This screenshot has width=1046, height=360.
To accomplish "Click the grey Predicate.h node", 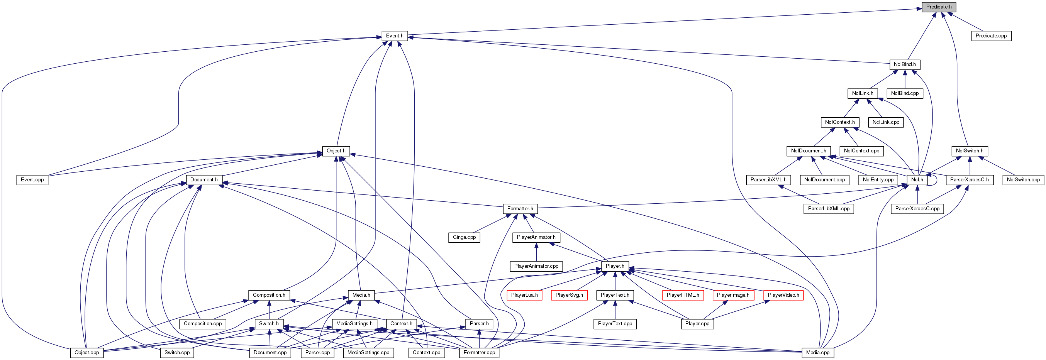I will click(x=938, y=7).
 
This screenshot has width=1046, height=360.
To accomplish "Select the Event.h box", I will click(x=394, y=36).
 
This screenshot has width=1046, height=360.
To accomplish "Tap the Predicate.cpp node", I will click(x=991, y=36).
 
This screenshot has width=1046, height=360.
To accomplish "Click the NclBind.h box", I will click(x=905, y=64).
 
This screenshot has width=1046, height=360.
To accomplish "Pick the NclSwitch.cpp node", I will click(x=1023, y=180).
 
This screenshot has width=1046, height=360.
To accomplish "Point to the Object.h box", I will click(x=336, y=151).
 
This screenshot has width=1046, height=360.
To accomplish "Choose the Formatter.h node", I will click(x=520, y=209).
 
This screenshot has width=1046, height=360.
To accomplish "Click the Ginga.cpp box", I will click(x=464, y=237).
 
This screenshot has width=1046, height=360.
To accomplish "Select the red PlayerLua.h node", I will click(x=524, y=295).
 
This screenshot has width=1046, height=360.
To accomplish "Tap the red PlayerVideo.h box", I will click(x=783, y=295).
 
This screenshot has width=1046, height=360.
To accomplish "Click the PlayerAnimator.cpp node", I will click(x=536, y=266).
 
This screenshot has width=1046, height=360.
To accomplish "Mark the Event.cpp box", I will click(x=32, y=180).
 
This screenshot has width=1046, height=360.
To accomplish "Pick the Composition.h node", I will click(x=269, y=295).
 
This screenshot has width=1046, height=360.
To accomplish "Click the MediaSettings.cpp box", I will click(x=368, y=353).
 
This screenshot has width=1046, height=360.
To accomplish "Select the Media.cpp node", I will click(x=818, y=353).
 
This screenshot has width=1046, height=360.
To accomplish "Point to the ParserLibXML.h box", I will click(x=768, y=180).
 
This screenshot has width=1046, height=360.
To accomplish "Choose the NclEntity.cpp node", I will click(x=878, y=180).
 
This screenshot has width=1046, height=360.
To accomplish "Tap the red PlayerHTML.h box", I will click(x=683, y=295).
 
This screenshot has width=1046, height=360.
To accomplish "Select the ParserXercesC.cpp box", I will click(x=917, y=209).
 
